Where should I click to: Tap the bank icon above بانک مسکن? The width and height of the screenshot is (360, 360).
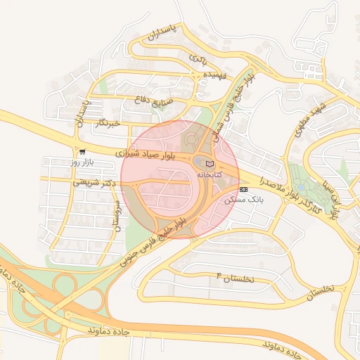click(243, 190)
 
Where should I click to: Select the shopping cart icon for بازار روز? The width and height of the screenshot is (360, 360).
click(82, 152)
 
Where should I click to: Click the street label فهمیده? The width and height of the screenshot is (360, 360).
click(213, 75)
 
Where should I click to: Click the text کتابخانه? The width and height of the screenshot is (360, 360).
click(209, 174)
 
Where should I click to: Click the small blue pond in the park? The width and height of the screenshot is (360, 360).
click(302, 187)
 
